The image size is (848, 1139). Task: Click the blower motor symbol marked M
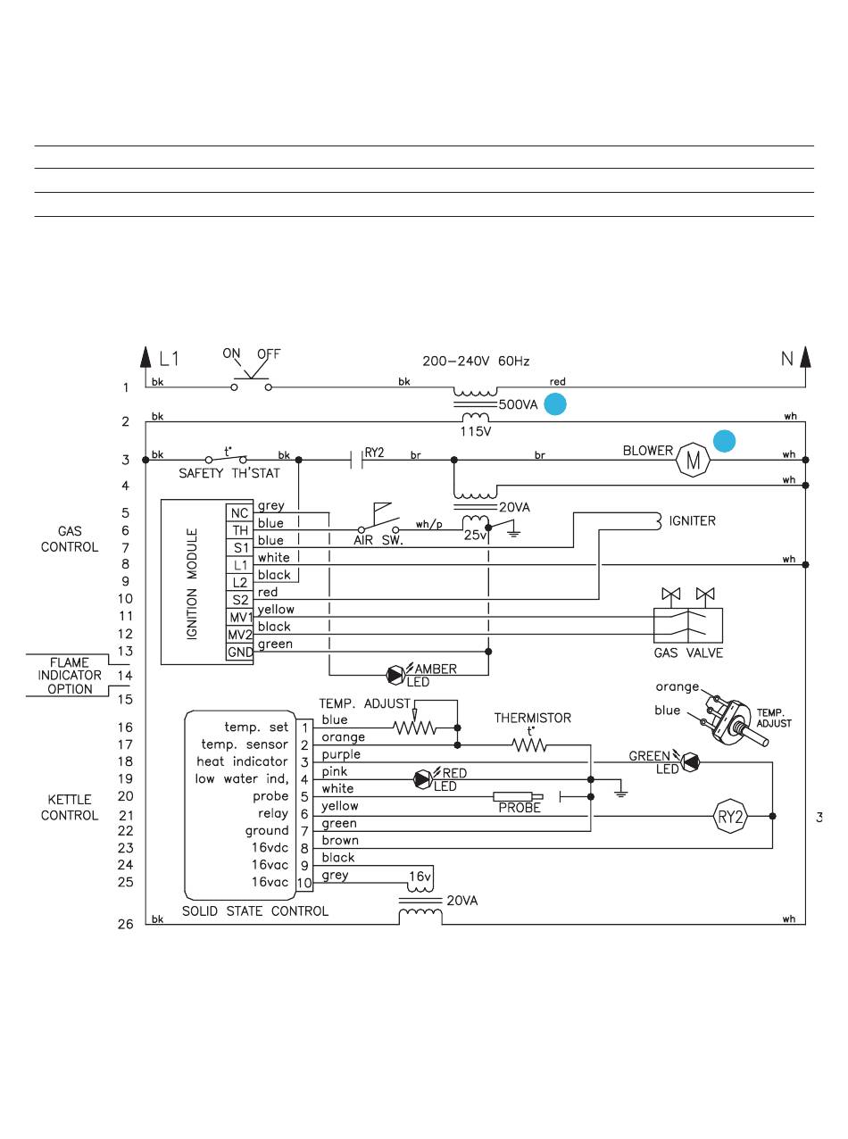pos(693,460)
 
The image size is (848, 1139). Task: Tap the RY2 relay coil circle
pos(730,816)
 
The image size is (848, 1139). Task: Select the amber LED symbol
pos(395,675)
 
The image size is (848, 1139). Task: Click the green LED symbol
pos(690,762)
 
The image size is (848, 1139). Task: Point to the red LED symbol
pos(422,779)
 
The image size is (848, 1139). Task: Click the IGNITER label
pos(692,521)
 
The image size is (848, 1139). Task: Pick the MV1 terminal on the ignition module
pos(240,618)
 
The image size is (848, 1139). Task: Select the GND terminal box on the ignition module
pos(240,652)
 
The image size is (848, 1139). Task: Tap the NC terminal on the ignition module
pos(240,513)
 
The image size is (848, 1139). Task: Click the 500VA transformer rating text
pos(518,404)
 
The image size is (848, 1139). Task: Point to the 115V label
pos(475,431)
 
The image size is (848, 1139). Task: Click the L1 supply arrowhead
pos(145,357)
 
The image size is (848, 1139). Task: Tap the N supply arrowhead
pos(805,357)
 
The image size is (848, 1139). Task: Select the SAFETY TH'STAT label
pos(229,473)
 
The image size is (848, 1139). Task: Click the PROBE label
pos(520,808)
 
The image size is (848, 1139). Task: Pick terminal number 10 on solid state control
pos(304,883)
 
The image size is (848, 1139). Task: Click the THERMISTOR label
pos(533,718)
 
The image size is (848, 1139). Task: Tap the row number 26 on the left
pos(125,924)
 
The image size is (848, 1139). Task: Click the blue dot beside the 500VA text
pos(555,404)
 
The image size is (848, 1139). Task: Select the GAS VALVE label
pos(688,653)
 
